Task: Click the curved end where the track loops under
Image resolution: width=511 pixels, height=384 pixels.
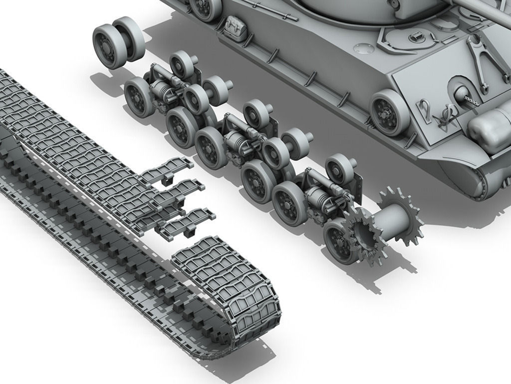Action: [259, 320]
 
